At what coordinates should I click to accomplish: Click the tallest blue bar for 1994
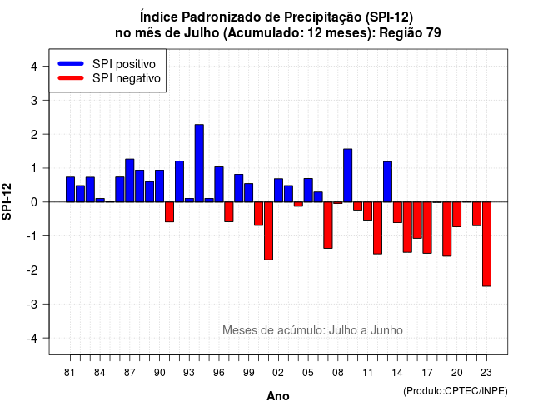tap(199, 163)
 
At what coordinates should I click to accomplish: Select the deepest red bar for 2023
tap(486, 244)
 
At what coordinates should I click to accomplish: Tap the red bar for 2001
tap(268, 231)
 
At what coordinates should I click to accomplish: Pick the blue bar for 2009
tap(348, 176)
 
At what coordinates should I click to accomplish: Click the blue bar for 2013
tap(387, 181)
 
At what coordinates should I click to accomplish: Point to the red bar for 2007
tap(328, 225)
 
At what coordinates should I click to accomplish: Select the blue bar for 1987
tap(130, 181)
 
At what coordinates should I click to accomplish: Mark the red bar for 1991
tap(169, 212)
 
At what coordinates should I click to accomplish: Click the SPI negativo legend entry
tap(109, 78)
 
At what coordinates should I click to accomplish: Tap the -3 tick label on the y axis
tap(32, 305)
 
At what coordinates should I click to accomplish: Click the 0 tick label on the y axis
tap(34, 202)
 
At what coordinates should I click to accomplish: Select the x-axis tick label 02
tap(278, 373)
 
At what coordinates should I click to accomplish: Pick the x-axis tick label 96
tap(218, 373)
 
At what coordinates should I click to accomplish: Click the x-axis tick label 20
tap(457, 373)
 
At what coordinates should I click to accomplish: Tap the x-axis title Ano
tap(278, 396)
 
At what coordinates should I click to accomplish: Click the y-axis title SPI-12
tap(7, 201)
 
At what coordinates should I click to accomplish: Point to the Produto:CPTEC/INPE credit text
tap(456, 391)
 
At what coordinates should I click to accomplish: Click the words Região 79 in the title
tap(410, 33)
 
